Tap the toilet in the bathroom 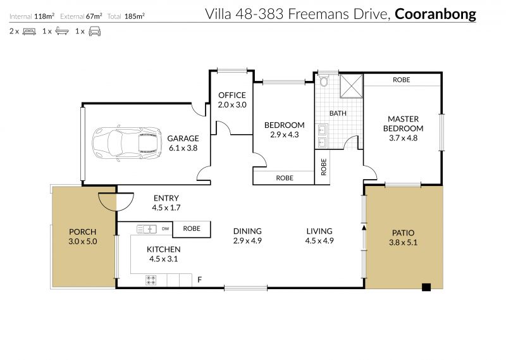[324, 81]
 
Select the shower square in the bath [351, 86]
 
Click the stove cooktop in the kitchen [151, 280]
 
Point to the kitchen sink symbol [147, 229]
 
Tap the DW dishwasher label [165, 229]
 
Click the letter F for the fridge [199, 280]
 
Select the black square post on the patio [426, 287]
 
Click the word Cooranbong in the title [435, 14]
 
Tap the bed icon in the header [29, 32]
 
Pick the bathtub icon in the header [62, 31]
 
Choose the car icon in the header [94, 32]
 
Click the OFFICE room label [232, 96]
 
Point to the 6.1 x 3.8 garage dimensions [183, 148]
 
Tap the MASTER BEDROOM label [403, 123]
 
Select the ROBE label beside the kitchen [192, 228]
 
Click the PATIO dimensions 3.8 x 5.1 [403, 242]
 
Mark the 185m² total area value [135, 16]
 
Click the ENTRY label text [166, 198]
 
